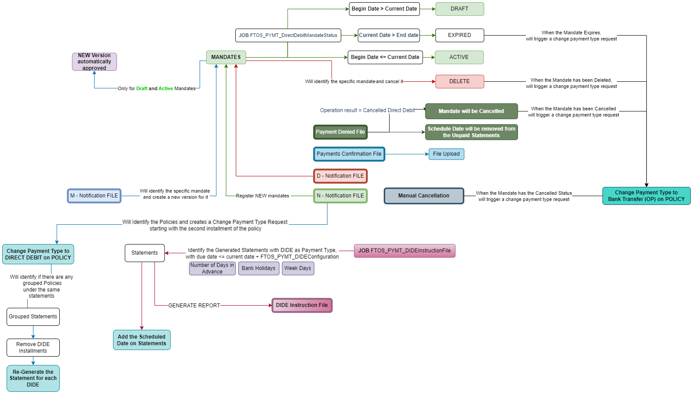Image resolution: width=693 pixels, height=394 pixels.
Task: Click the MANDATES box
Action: (226, 57)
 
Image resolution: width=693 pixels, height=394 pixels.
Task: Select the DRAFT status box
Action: (460, 9)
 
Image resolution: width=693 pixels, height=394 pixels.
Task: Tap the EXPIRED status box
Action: (460, 35)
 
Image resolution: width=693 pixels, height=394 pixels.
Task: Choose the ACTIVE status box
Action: (459, 57)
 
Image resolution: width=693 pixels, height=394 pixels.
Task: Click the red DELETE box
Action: (460, 81)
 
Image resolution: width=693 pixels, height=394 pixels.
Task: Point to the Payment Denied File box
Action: (340, 132)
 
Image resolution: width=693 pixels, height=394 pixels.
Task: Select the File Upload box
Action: (446, 154)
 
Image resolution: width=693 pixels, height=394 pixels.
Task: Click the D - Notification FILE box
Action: (340, 176)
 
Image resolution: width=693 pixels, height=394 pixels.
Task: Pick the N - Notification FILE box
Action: (340, 196)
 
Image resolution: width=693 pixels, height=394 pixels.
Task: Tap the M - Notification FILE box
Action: (94, 196)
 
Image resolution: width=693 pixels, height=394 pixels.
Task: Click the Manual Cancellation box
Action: (424, 196)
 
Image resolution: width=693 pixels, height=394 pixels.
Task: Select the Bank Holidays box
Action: (259, 268)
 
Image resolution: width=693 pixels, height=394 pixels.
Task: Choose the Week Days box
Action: (298, 268)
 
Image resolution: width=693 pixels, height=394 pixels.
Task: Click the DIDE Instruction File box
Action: (302, 305)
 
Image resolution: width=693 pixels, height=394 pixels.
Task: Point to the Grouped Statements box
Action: (33, 317)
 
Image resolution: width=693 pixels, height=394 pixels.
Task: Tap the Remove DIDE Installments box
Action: (33, 347)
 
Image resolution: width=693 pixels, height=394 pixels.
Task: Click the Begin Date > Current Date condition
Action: (384, 9)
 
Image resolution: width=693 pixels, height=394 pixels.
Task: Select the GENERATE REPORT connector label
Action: (194, 306)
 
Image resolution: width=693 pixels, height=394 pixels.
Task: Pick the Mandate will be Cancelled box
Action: (471, 111)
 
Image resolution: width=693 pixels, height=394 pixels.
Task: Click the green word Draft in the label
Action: (142, 89)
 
